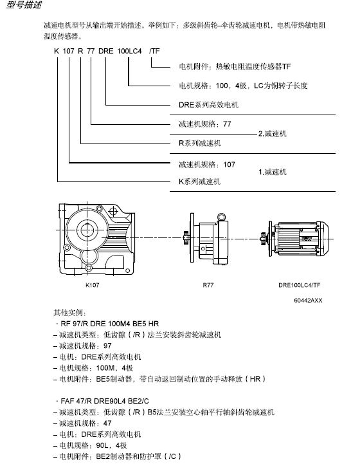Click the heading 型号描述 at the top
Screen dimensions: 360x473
(x=24, y=5)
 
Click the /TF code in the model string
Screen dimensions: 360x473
(x=154, y=51)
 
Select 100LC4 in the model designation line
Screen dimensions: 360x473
(x=129, y=51)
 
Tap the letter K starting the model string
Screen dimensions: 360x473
(x=57, y=51)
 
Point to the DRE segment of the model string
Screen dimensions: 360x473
(x=105, y=51)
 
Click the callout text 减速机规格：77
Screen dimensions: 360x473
(x=205, y=124)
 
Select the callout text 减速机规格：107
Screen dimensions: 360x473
(x=207, y=164)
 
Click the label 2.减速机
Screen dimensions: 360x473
(x=273, y=133)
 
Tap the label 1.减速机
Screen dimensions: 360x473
(x=273, y=172)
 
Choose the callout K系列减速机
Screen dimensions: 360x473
(x=200, y=181)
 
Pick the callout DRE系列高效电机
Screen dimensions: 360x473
(x=208, y=105)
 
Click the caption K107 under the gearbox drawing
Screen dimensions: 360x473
(x=92, y=284)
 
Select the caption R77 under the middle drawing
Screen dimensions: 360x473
(x=208, y=284)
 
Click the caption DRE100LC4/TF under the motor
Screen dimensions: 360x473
(x=299, y=284)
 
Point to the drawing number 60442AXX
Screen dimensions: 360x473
(x=308, y=301)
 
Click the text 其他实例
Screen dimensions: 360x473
(x=70, y=313)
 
